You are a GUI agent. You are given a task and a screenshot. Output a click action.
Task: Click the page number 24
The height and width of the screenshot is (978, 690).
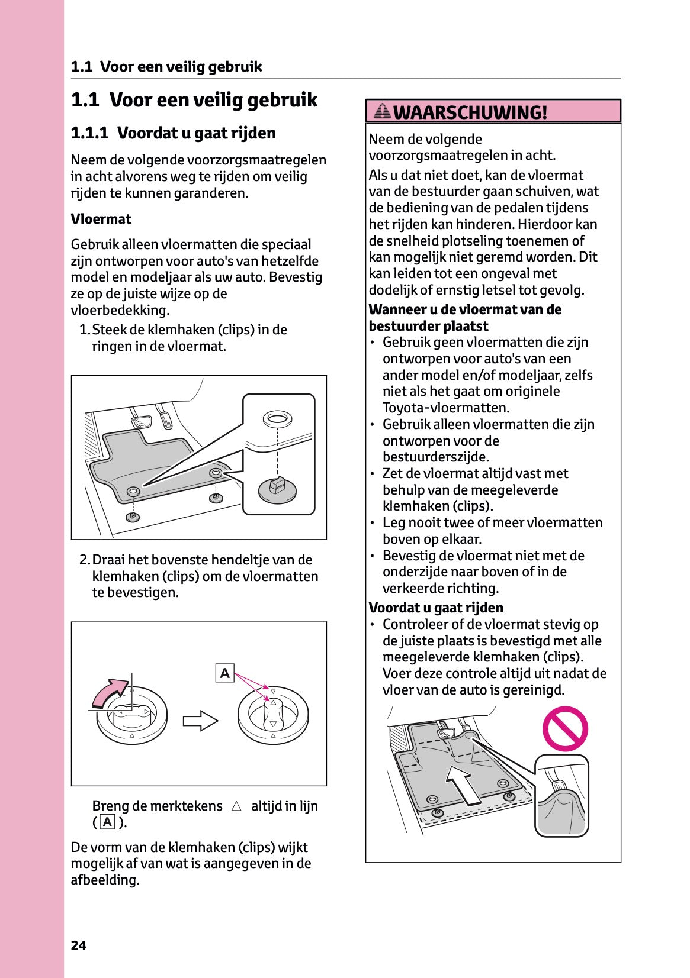tap(78, 945)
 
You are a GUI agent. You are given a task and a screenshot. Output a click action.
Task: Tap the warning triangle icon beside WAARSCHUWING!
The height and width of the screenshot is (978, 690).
tap(383, 111)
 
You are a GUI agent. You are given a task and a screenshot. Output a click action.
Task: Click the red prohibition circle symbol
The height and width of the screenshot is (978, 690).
tap(565, 729)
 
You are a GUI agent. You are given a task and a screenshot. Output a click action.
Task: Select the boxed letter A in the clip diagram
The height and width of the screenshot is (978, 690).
tap(225, 673)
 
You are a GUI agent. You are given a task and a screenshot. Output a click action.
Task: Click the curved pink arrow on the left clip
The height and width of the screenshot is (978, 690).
tap(109, 692)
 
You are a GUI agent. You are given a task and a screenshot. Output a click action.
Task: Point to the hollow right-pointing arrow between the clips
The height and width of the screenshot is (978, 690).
tap(200, 721)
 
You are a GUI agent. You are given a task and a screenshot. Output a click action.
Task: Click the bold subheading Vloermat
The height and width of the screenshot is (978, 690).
tap(101, 219)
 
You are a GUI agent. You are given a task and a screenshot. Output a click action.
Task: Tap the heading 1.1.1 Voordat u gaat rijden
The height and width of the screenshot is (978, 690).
tap(173, 133)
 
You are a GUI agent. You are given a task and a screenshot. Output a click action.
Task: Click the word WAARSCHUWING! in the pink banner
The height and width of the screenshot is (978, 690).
tap(470, 112)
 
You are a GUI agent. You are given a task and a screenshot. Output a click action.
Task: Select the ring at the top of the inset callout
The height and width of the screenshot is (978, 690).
tap(277, 419)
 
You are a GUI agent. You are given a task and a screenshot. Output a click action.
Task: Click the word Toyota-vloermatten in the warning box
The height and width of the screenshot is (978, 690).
tap(445, 408)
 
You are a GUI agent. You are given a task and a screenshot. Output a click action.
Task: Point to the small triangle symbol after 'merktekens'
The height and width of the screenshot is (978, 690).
tap(236, 806)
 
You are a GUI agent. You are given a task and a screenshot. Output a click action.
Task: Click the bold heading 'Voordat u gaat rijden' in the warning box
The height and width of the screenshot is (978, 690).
tap(435, 608)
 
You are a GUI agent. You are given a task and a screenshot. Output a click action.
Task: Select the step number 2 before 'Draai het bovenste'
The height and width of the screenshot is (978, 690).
tap(84, 560)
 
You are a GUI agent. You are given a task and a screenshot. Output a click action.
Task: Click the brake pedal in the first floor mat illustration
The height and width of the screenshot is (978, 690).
tap(141, 422)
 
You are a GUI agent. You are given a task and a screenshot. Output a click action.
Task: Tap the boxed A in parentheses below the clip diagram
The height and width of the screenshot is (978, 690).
tap(107, 822)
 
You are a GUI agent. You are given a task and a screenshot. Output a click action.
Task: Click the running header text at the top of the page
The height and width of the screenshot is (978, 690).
tap(166, 66)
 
